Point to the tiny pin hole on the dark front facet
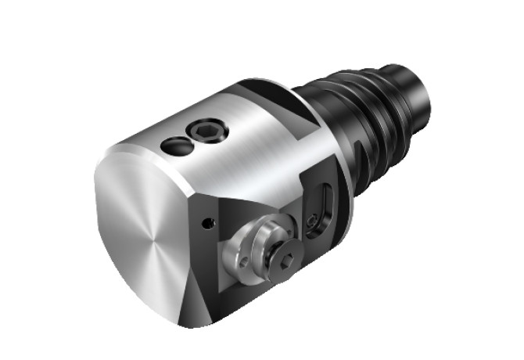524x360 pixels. click(208, 223)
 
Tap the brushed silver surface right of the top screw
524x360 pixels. click(250, 149)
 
